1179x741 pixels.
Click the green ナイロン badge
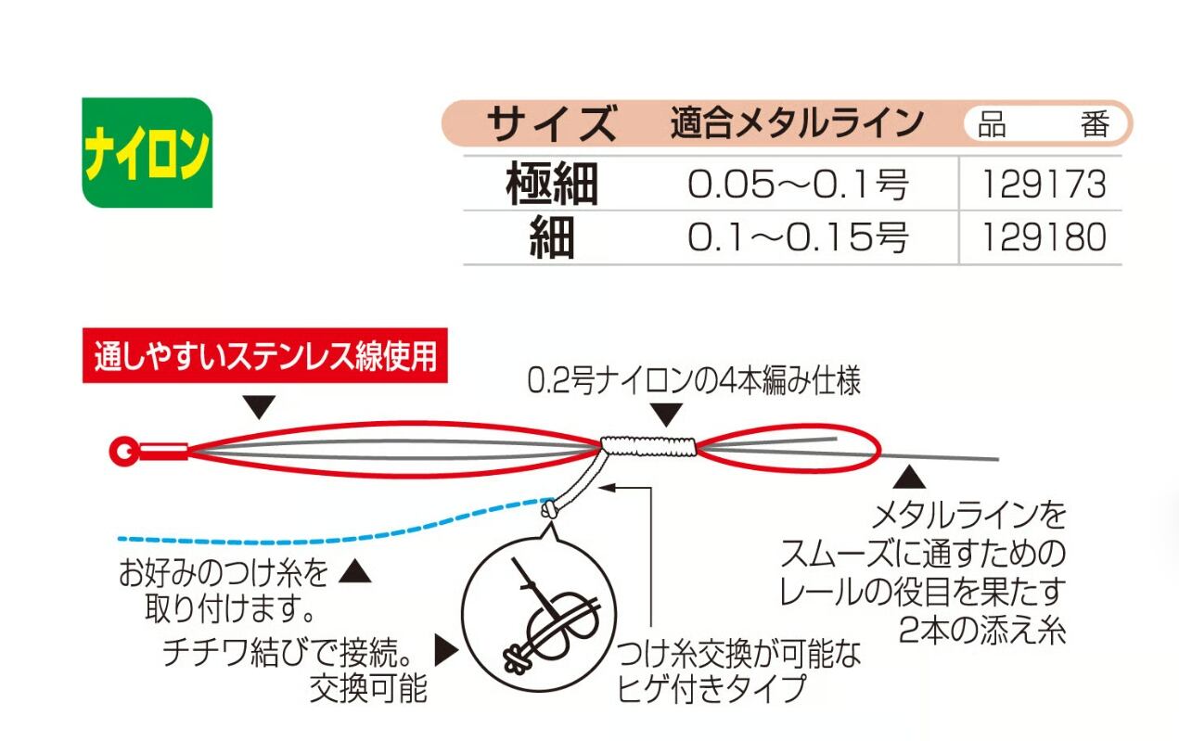(x=147, y=152)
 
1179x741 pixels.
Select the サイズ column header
(x=552, y=123)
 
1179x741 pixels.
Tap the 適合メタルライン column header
(x=797, y=123)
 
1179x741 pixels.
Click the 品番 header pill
(x=1046, y=124)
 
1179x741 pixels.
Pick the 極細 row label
(x=552, y=185)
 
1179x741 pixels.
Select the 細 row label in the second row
(x=552, y=238)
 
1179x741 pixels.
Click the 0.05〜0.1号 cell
(x=797, y=185)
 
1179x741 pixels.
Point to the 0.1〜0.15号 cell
(x=797, y=238)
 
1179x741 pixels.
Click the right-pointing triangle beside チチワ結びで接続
(x=446, y=652)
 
